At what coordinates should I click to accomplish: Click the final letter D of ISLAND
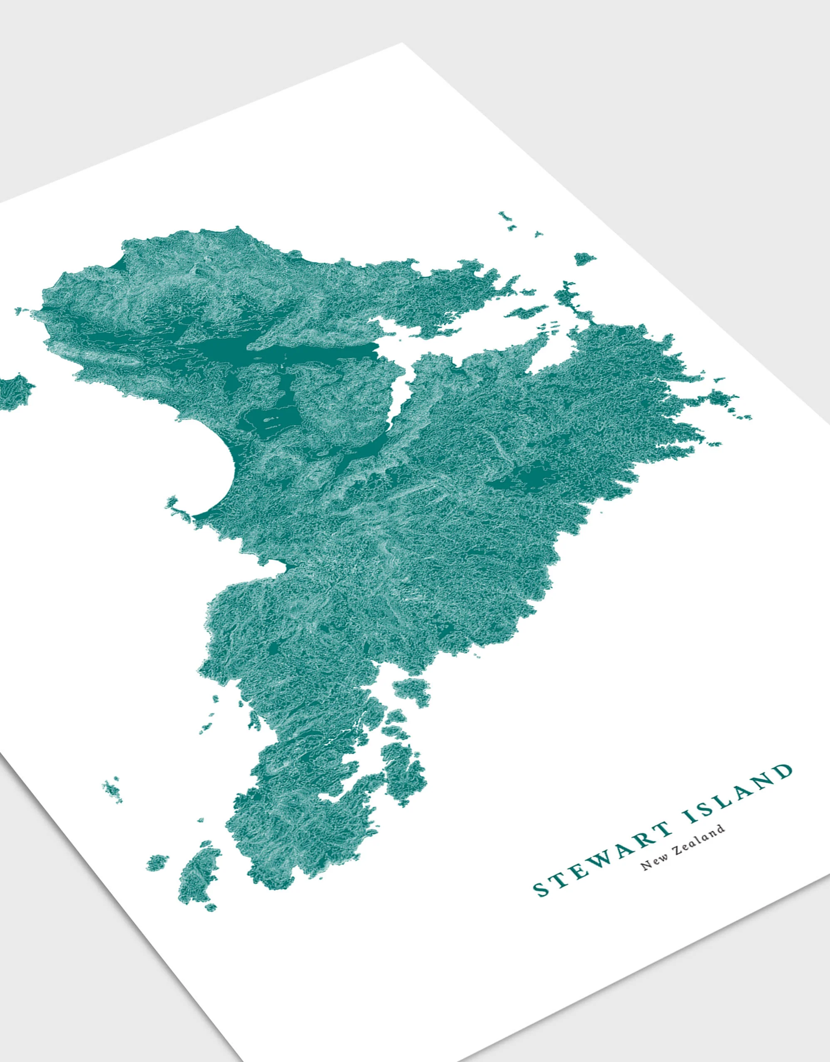pyautogui.click(x=783, y=771)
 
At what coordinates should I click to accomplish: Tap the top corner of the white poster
pyautogui.click(x=402, y=44)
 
